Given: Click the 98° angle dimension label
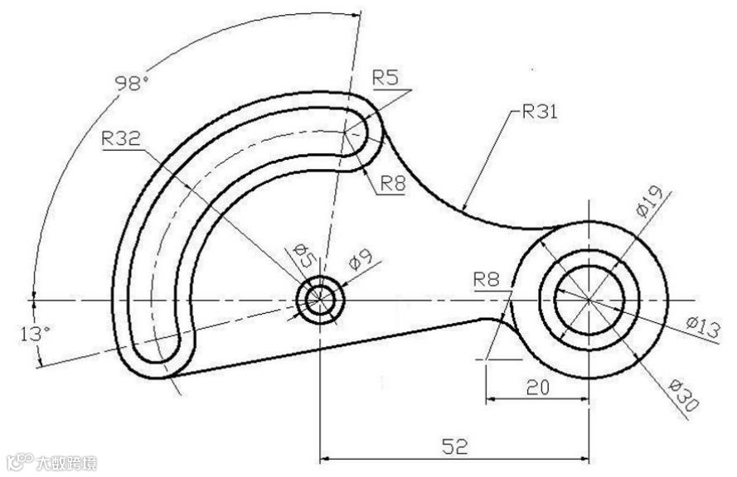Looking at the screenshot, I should tap(133, 83).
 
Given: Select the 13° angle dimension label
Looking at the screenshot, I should tap(36, 333).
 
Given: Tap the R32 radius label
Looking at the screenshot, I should tap(120, 139).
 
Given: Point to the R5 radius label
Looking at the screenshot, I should tap(385, 78).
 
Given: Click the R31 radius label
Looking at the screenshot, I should tap(540, 112).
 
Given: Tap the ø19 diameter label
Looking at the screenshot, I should tap(649, 201).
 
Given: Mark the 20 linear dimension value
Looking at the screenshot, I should tap(537, 387).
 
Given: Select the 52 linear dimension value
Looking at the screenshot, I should tap(454, 446).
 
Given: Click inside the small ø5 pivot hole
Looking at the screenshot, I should tap(319, 298).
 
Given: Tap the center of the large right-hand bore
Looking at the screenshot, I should tap(588, 297).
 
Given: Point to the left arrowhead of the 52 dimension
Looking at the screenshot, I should tap(326, 456).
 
